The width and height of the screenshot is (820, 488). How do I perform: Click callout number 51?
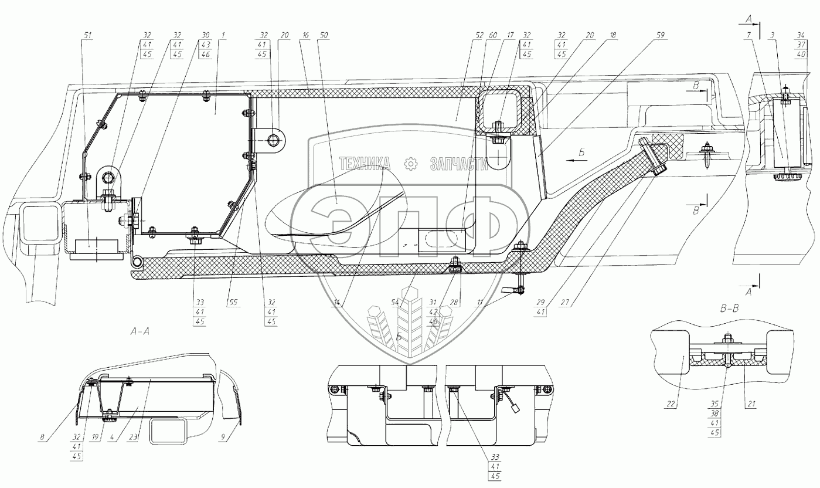click(x=88, y=35)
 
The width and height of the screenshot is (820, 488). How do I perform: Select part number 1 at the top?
click(x=223, y=35)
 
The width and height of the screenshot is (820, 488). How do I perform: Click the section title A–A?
click(x=140, y=331)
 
